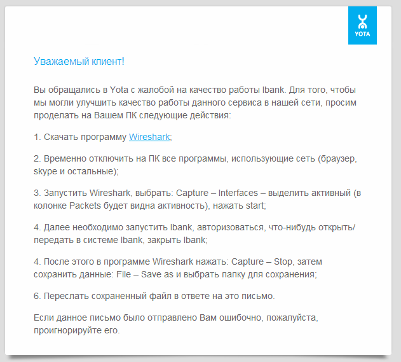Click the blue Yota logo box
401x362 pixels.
pos(362,25)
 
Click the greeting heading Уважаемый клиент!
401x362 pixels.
pos(79,61)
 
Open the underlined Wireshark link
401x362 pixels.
pos(149,137)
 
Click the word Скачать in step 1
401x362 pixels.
pos(62,137)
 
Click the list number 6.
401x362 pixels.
pos(36,296)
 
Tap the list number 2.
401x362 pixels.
pos(36,158)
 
